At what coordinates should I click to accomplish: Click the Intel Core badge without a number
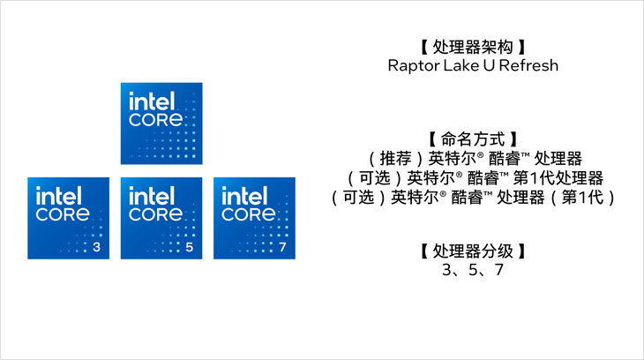tap(161, 124)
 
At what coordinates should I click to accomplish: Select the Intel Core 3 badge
tap(68, 218)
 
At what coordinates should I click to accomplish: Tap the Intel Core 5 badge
tap(161, 218)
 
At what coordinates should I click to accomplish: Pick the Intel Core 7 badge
tap(254, 218)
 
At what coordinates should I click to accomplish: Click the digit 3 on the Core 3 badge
tap(96, 247)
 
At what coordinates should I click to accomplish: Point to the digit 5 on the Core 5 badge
tap(190, 247)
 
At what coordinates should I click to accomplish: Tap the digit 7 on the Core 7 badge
tap(282, 247)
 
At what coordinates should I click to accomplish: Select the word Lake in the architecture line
tap(455, 65)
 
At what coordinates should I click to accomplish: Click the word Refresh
tap(528, 65)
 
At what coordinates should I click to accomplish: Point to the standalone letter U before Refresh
tap(489, 65)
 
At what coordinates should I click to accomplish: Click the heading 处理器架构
tap(473, 48)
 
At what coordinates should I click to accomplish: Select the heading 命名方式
tap(473, 139)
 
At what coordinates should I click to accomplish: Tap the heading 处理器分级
tap(473, 251)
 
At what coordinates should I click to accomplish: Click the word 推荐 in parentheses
tap(395, 158)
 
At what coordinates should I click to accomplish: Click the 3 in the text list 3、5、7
tap(447, 270)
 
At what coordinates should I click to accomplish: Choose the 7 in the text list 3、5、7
tap(498, 270)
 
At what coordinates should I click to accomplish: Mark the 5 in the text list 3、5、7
tap(473, 270)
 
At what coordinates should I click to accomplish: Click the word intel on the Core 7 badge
tap(244, 196)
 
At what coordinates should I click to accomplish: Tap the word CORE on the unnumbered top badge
tap(155, 120)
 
